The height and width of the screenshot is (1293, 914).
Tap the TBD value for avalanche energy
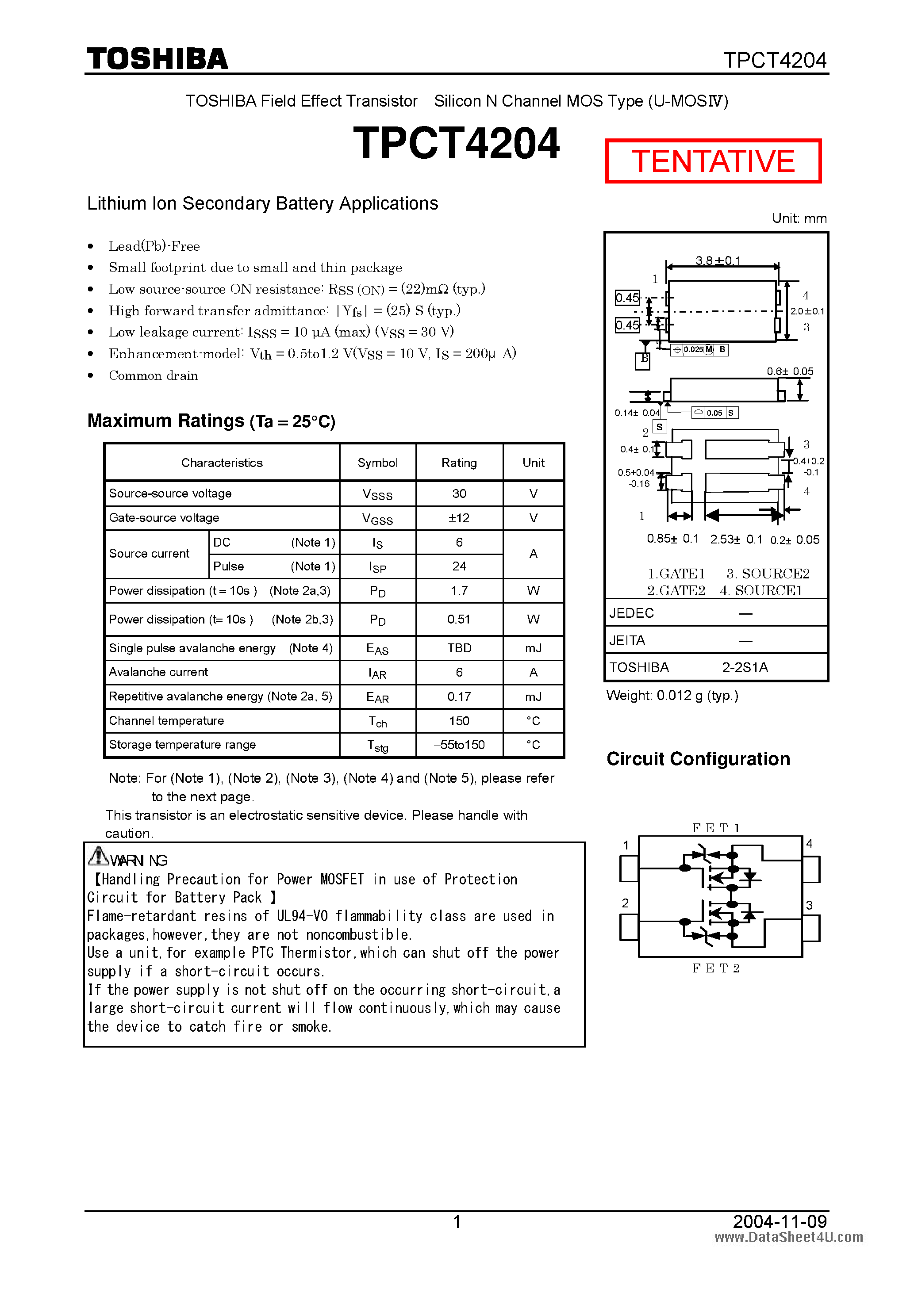[459, 648]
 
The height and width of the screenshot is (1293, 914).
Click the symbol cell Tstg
[377, 746]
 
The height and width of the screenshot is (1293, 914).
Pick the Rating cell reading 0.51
[459, 620]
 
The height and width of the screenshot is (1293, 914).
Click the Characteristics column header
[222, 463]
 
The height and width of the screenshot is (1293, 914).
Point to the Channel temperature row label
[166, 721]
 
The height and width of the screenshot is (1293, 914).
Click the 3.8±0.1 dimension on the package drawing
[718, 260]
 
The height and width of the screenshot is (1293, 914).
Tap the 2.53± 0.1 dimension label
[735, 539]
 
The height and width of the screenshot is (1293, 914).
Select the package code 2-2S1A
[745, 668]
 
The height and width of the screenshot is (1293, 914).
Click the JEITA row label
[627, 641]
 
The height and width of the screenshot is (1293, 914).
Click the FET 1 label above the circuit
[716, 828]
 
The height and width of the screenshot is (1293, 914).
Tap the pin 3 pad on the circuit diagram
[811, 928]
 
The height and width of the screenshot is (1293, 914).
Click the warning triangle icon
[98, 857]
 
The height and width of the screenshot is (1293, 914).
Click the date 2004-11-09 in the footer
[780, 1221]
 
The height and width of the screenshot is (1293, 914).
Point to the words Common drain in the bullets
[153, 375]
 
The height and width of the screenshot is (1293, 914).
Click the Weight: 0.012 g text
[672, 696]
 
